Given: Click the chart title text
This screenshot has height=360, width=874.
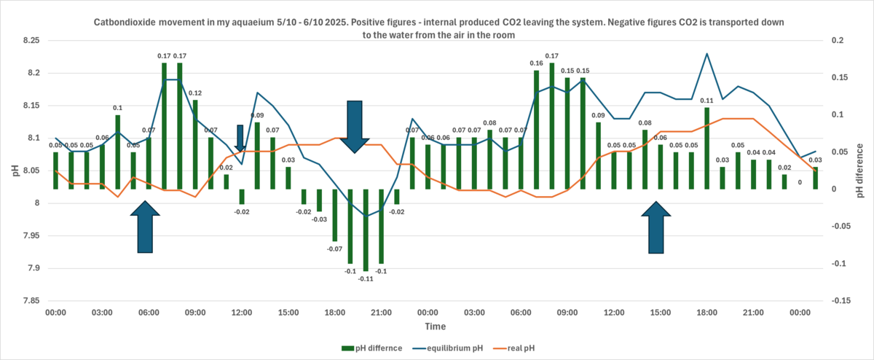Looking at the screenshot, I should click(437, 28).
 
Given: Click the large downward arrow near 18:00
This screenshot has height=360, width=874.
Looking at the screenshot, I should click(355, 126).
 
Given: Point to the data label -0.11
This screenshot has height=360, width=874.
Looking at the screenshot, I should click(366, 279).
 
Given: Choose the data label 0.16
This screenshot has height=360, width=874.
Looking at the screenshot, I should click(536, 63).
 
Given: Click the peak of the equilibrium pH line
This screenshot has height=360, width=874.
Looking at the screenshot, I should click(706, 53).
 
